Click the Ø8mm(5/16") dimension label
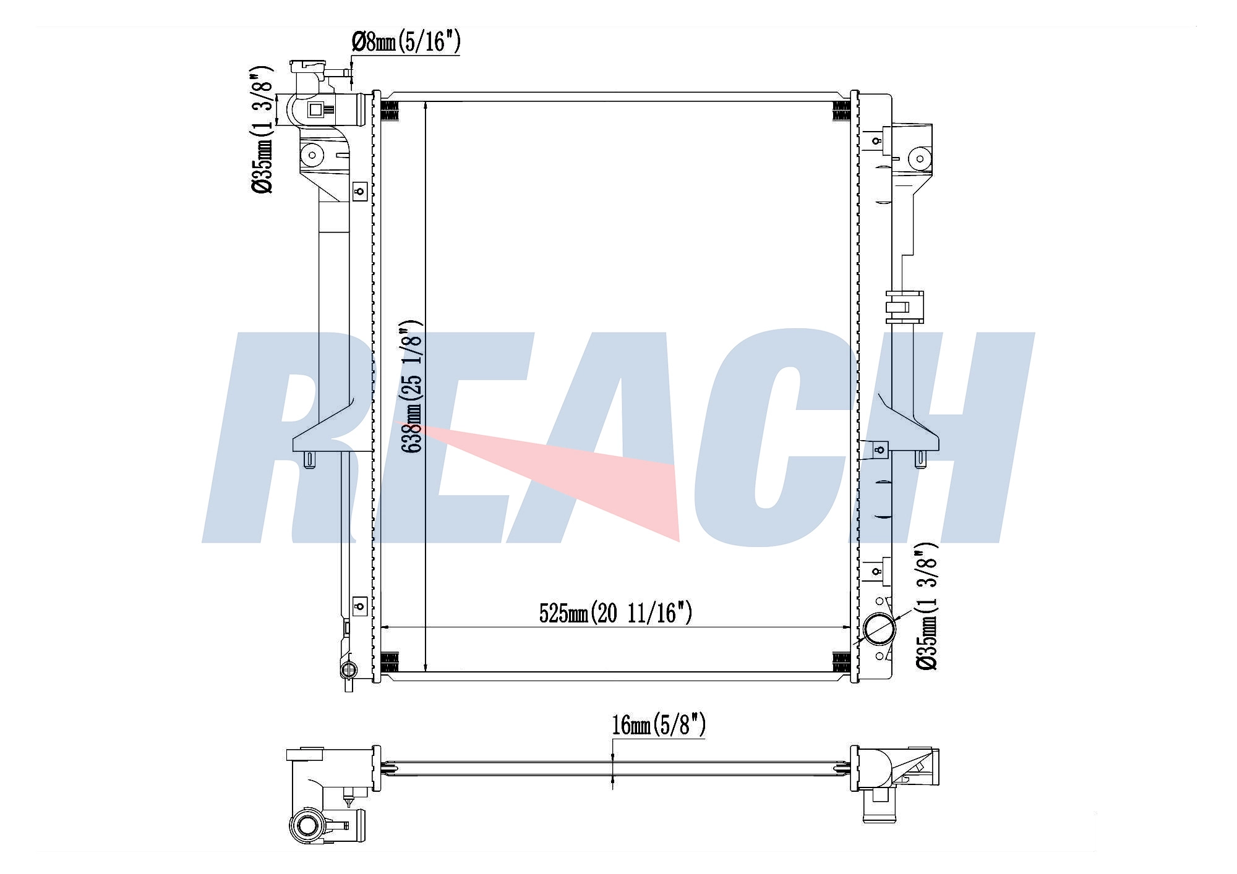click(x=406, y=42)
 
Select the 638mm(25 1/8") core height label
click(x=412, y=386)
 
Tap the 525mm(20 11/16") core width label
click(x=615, y=613)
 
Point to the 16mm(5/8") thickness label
click(x=659, y=725)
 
